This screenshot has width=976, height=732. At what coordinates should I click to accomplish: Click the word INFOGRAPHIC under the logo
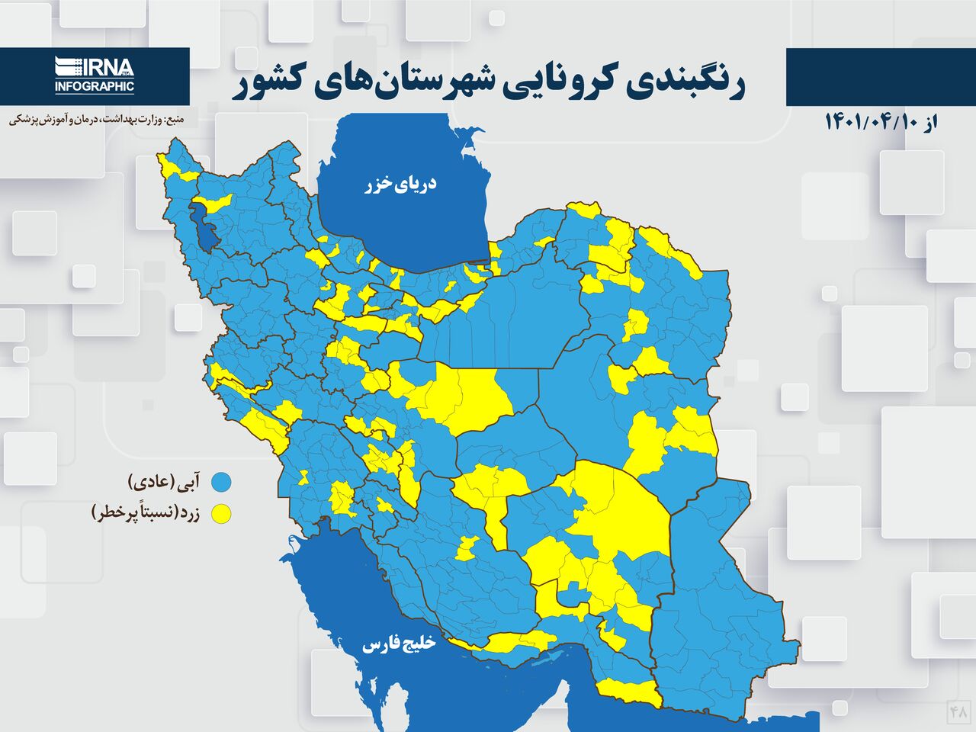[95, 86]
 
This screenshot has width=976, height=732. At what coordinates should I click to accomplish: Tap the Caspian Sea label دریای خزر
[401, 184]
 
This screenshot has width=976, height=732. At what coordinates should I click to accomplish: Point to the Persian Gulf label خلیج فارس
[398, 644]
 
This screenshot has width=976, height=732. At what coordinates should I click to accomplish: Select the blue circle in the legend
[221, 482]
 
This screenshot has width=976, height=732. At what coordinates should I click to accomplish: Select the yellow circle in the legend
[221, 514]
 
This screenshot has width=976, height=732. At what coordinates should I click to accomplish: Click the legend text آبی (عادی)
[165, 481]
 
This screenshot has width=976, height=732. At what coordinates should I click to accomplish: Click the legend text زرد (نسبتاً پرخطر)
[145, 513]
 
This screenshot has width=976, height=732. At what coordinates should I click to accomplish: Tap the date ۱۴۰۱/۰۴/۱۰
[868, 122]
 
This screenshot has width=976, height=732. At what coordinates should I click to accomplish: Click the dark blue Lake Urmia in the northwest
[206, 227]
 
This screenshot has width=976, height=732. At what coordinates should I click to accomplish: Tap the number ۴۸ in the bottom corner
[958, 711]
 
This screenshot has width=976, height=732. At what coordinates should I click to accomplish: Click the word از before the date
[928, 122]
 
